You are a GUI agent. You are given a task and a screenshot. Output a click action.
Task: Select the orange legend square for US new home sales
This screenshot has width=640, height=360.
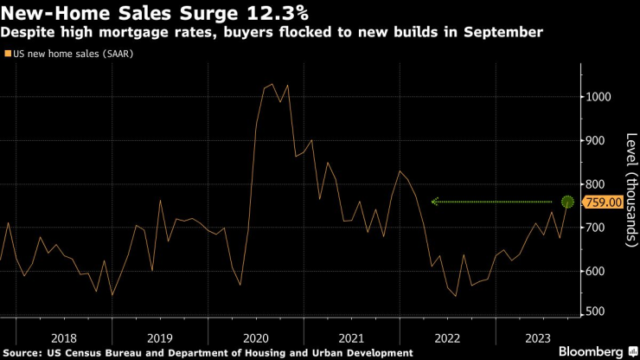[x=8, y=54]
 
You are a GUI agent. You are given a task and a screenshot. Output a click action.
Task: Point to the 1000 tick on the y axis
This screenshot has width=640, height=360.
[x=597, y=97]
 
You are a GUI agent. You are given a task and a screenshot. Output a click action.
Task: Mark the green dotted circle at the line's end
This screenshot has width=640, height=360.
[x=568, y=202]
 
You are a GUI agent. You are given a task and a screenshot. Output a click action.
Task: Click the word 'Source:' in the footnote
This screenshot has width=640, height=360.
[x=25, y=352]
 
